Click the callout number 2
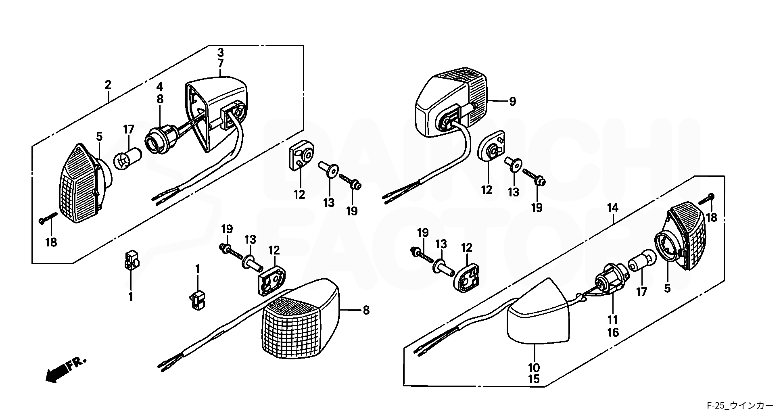click(108, 85)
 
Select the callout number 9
click(512, 101)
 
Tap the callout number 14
click(613, 208)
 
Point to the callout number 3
click(221, 52)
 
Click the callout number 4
click(160, 86)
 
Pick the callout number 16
click(613, 332)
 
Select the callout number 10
click(534, 368)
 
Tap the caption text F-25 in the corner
click(714, 405)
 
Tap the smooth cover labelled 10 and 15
click(539, 312)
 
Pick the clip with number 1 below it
click(130, 261)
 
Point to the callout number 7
click(221, 64)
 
